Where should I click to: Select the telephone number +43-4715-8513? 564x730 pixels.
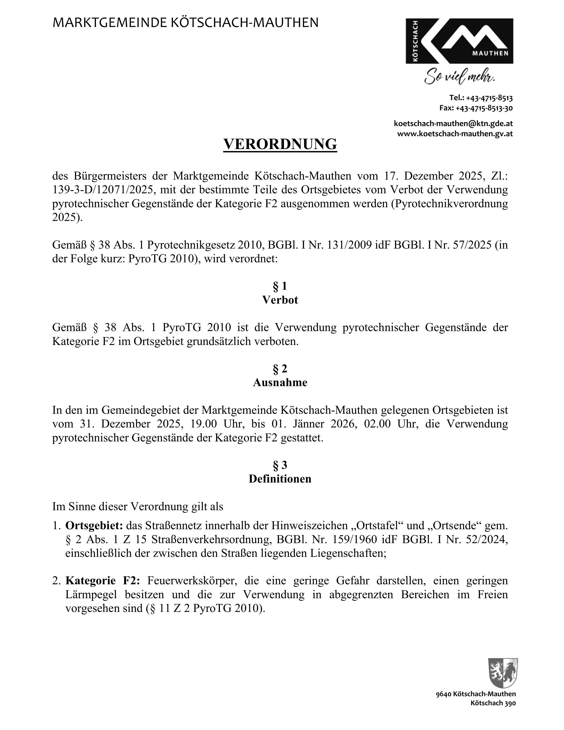click(x=489, y=98)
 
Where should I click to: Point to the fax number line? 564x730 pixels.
click(x=476, y=108)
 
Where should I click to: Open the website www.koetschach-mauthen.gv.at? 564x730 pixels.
click(x=455, y=134)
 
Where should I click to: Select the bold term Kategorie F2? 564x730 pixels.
click(x=102, y=581)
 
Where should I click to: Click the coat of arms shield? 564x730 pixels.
click(x=503, y=673)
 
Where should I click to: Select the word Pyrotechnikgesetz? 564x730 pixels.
click(x=191, y=245)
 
